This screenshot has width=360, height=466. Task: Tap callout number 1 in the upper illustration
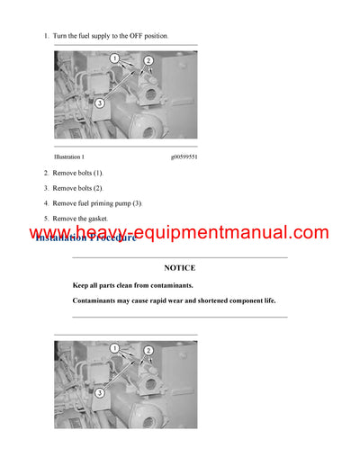pyautogui.click(x=114, y=58)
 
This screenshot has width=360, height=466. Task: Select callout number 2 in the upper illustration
pyautogui.click(x=148, y=61)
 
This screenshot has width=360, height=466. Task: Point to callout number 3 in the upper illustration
pyautogui.click(x=99, y=103)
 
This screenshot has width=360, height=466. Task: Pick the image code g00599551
pyautogui.click(x=183, y=157)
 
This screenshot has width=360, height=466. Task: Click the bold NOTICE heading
pyautogui.click(x=179, y=267)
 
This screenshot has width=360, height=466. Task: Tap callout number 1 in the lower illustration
pyautogui.click(x=114, y=347)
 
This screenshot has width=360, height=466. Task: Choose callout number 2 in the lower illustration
pyautogui.click(x=148, y=351)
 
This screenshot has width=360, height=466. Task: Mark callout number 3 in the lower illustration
pyautogui.click(x=99, y=393)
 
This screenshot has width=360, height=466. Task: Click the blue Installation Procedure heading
pyautogui.click(x=85, y=237)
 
